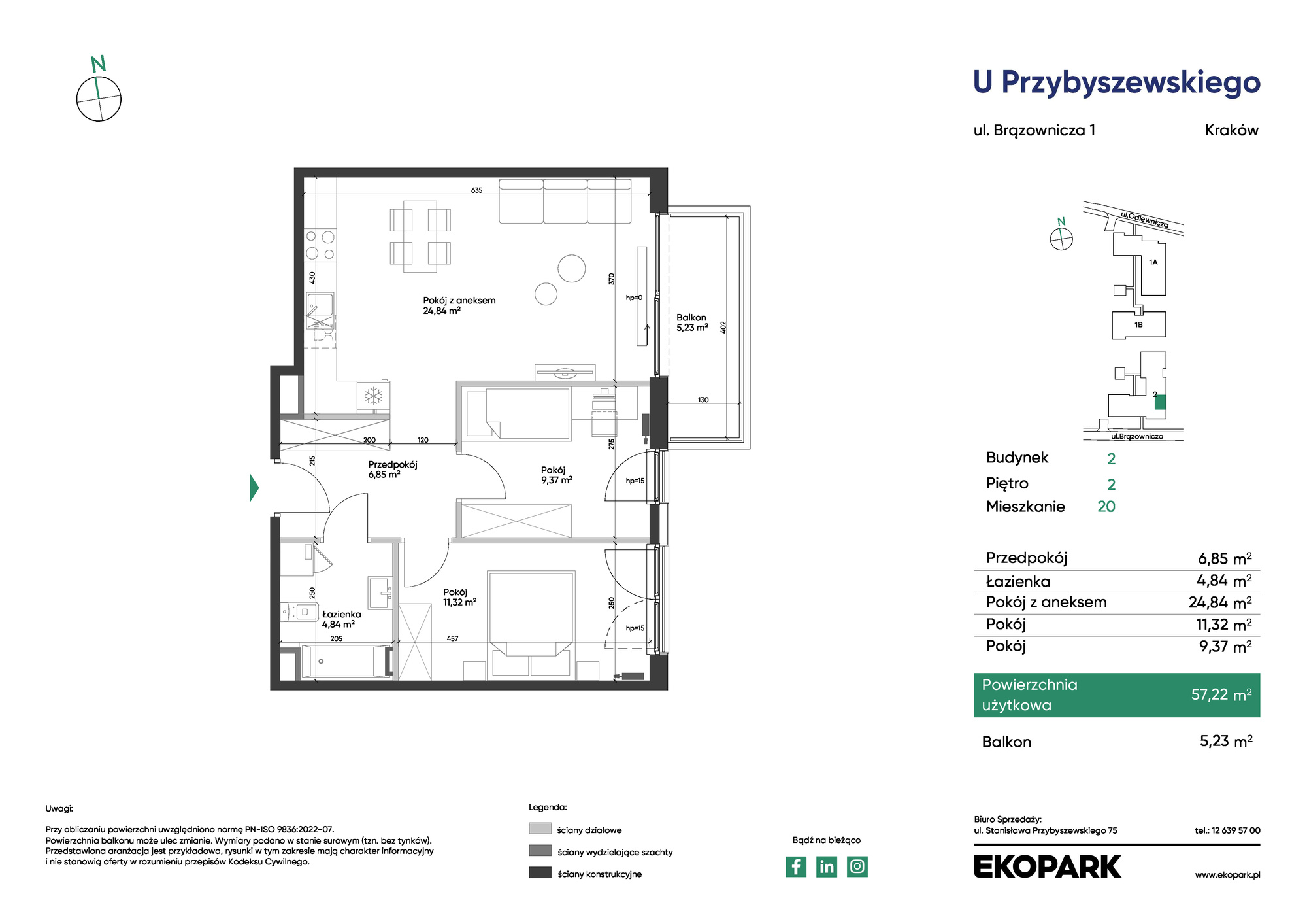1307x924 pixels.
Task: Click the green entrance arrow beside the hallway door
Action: tap(254, 488)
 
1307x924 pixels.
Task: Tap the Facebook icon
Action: tap(796, 866)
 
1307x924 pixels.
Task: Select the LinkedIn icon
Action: tap(827, 866)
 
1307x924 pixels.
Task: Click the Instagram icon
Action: tap(857, 866)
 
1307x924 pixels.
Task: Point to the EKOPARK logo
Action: tap(1047, 866)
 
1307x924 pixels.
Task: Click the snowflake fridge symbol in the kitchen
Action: tap(373, 396)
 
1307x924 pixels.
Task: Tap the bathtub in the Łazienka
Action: tap(344, 661)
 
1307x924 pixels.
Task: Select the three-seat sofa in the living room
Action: tap(565, 201)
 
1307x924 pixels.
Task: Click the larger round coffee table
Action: tap(572, 268)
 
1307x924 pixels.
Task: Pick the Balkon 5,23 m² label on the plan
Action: tap(692, 322)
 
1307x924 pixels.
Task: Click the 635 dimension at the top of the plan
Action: tap(477, 190)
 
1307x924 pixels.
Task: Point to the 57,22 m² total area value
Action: tap(1221, 694)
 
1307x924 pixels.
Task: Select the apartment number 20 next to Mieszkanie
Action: tap(1106, 507)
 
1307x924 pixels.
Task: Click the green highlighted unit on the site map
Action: tap(1160, 402)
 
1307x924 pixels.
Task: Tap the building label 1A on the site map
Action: tap(1153, 262)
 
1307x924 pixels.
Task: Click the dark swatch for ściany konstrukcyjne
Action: tap(540, 872)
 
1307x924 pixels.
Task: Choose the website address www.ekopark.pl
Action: tap(1227, 875)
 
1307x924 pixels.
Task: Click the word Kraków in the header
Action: tap(1232, 130)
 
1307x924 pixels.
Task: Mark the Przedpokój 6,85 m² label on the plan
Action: tap(393, 470)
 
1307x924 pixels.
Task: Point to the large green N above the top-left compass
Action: tap(98, 64)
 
